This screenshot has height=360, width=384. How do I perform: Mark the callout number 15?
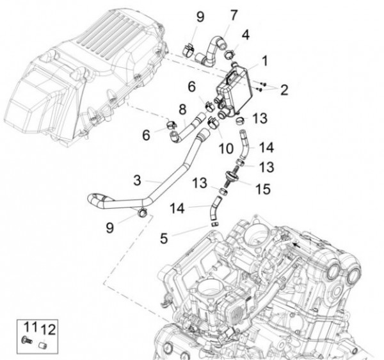coord(264,189)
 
